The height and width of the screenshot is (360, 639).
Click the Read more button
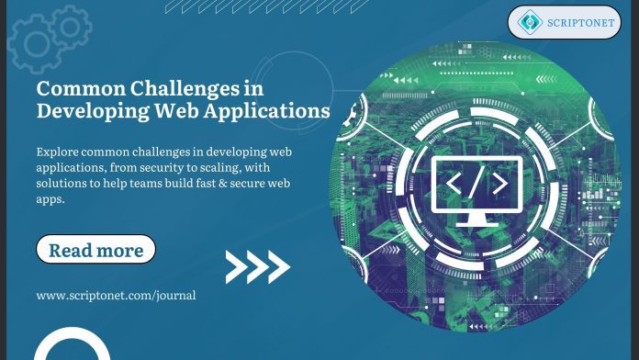tap(95, 250)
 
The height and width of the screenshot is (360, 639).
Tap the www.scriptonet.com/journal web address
tap(116, 296)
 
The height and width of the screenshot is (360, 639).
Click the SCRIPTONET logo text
tap(581, 22)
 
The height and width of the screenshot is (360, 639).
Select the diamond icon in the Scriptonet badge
tap(530, 22)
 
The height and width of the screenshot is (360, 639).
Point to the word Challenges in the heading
tap(191, 90)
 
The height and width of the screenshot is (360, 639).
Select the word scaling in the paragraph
tap(244, 167)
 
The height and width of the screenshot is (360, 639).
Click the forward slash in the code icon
tap(476, 183)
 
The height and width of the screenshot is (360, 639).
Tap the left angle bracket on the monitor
tap(454, 183)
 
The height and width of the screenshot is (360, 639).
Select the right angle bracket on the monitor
tap(499, 183)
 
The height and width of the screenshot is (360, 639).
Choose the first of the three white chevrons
tap(236, 267)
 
